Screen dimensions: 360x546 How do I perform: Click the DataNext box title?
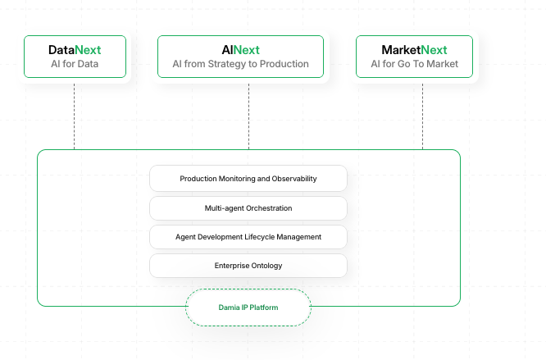coord(75,49)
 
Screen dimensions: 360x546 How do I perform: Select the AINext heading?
coord(240,49)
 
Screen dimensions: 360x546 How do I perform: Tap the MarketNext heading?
coord(414,49)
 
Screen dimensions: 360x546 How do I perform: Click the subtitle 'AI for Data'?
coord(75,64)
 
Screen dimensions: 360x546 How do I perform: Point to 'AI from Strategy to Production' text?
coord(240,64)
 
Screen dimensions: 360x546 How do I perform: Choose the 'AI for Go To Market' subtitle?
coord(414,64)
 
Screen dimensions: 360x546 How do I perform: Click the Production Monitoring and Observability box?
coord(248,179)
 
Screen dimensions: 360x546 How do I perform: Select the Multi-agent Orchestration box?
coord(248,208)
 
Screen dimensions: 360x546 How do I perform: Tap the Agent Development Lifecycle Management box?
coord(248,237)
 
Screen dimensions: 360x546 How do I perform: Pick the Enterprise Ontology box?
coord(248,266)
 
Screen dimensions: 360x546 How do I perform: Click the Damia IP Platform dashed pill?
coord(248,308)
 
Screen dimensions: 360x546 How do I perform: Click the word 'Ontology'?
coord(266,266)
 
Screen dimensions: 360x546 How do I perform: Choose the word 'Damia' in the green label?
coord(229,308)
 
